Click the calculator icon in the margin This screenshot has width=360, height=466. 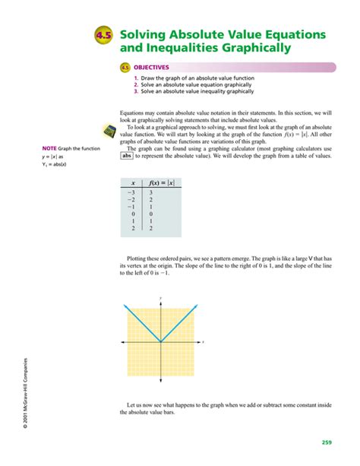(109, 132)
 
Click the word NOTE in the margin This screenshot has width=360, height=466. (49, 148)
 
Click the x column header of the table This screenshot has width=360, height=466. (134, 182)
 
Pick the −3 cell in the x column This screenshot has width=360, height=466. (131, 193)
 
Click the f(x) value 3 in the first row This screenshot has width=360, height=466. (151, 193)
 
